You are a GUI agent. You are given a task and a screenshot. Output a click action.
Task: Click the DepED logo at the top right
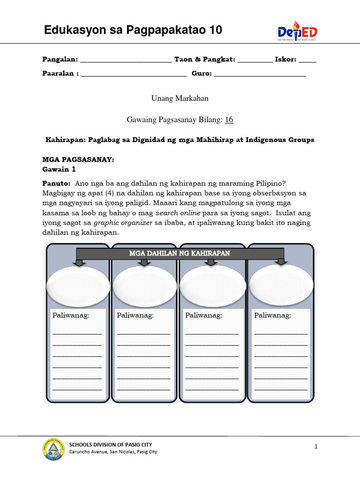(x=297, y=32)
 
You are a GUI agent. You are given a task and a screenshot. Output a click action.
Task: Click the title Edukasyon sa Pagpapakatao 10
(x=133, y=31)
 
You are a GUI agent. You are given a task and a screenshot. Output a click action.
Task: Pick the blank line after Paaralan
(x=134, y=74)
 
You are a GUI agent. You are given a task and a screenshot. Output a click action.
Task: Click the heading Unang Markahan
(x=180, y=98)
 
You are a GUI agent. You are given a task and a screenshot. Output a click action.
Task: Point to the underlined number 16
(x=229, y=120)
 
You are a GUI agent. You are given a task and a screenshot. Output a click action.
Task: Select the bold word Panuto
(x=56, y=183)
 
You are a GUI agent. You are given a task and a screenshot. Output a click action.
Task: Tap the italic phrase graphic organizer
(x=123, y=223)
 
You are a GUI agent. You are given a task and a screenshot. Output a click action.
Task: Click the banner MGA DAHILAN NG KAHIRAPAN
(x=180, y=254)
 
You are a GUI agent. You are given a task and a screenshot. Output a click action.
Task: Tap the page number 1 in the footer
(x=316, y=447)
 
